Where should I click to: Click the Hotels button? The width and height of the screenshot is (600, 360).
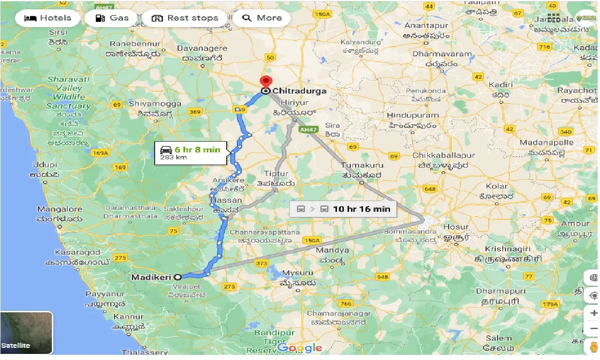pyautogui.click(x=48, y=18)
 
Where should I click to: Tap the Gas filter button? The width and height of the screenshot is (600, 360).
pyautogui.click(x=112, y=18)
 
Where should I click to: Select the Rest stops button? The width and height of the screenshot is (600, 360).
pyautogui.click(x=186, y=18)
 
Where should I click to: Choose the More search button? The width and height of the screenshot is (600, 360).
pyautogui.click(x=262, y=18)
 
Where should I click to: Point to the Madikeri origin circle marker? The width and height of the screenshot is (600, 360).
pyautogui.click(x=178, y=277)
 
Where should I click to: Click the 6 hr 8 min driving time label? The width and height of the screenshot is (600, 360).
pyautogui.click(x=192, y=153)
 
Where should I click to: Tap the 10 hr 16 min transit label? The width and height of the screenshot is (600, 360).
pyautogui.click(x=343, y=209)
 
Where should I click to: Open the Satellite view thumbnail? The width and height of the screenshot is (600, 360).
pyautogui.click(x=26, y=333)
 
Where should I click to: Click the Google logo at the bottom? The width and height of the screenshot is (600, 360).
pyautogui.click(x=300, y=348)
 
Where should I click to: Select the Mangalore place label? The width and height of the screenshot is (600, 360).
pyautogui.click(x=59, y=209)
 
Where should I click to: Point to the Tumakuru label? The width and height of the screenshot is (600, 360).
pyautogui.click(x=362, y=166)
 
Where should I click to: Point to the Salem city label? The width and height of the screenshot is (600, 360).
pyautogui.click(x=498, y=338)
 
